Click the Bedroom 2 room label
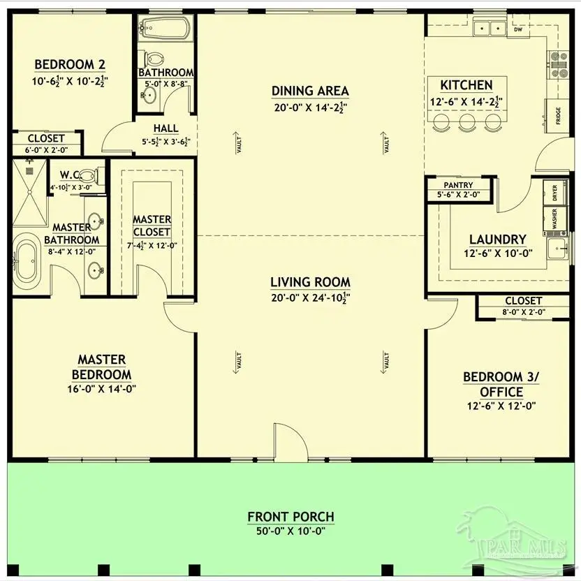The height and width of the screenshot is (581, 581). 65,65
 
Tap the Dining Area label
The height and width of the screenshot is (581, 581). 310,91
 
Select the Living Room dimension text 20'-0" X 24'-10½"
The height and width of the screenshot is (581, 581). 310,297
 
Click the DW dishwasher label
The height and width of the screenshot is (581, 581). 517,30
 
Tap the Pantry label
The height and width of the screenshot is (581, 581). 458,185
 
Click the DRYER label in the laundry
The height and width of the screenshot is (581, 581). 554,193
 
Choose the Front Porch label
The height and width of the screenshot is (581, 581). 290,517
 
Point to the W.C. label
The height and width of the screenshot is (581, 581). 70,175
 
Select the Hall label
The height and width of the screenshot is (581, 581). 166,129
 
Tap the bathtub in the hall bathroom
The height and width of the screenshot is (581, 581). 164,29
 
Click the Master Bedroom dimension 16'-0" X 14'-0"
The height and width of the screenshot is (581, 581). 101,388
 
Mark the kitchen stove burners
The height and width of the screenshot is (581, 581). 559,64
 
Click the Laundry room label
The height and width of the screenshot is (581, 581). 497,239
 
